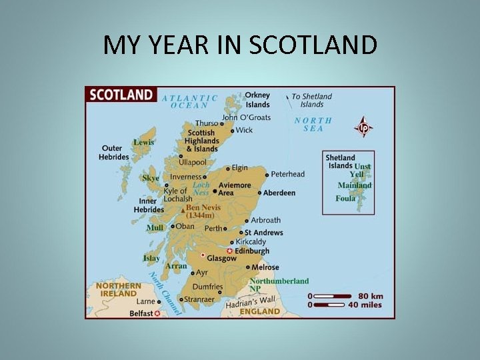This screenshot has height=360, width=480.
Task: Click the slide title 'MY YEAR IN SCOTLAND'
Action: [240, 45]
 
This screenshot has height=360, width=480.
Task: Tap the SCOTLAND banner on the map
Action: [122, 95]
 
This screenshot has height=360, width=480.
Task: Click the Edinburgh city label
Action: [253, 251]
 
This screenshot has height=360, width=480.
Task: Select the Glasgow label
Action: [221, 259]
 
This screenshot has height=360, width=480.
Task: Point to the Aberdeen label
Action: [279, 193]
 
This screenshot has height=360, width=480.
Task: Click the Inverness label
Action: [185, 177]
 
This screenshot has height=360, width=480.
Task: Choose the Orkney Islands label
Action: [257, 100]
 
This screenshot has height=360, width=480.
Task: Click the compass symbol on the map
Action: [363, 126]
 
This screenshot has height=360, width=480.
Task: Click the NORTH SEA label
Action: [313, 125]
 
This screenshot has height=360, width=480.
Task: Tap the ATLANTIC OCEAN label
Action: [190, 101]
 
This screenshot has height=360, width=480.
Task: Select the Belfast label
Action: [141, 313]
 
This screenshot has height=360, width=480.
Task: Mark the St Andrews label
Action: [264, 233]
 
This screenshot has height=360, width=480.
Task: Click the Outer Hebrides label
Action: [114, 153]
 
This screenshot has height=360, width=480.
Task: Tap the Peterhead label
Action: [287, 174]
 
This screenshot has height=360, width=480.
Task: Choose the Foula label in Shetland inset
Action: [345, 199]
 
